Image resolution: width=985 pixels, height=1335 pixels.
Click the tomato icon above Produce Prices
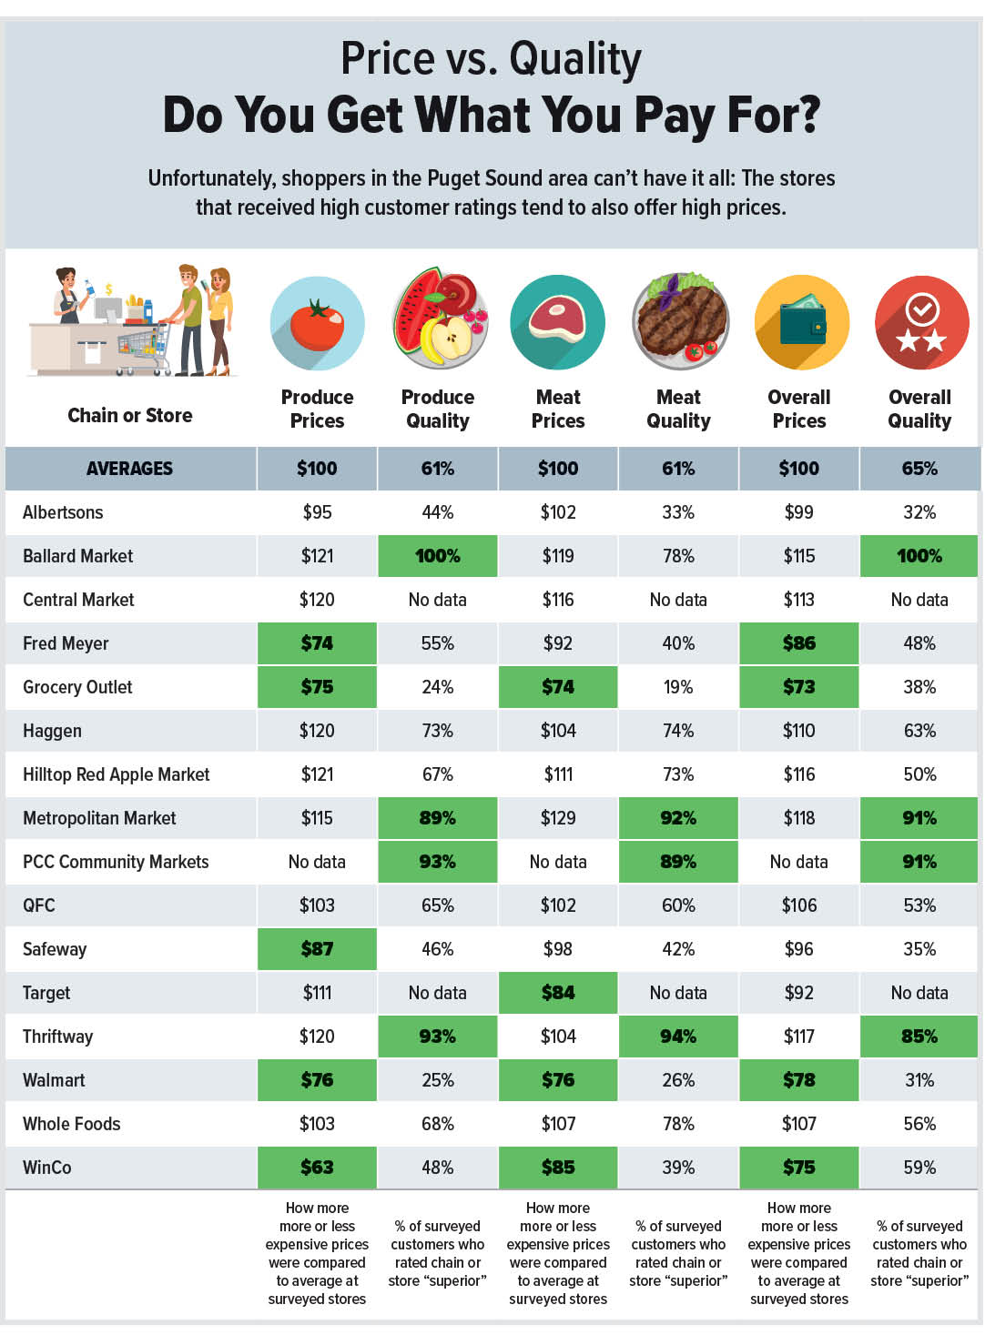click(317, 324)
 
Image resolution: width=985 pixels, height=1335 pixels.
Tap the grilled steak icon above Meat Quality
click(679, 321)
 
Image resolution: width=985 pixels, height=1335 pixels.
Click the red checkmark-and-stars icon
click(921, 323)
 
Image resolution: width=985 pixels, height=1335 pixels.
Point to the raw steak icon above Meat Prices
click(558, 322)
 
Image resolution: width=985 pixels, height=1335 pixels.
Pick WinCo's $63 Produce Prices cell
click(317, 1168)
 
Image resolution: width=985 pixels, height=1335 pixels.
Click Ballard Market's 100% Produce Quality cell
click(438, 556)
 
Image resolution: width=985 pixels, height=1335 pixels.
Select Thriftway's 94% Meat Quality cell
click(678, 1037)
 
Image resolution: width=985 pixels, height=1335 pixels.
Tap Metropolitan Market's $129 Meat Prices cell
click(558, 818)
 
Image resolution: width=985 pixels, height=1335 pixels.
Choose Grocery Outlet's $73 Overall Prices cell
click(799, 687)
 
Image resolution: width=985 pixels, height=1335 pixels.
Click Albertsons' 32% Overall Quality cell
click(919, 512)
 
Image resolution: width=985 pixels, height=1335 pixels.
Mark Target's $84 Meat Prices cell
click(558, 993)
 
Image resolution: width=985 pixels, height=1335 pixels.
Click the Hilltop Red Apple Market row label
click(116, 774)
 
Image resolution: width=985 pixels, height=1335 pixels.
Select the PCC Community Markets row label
click(116, 862)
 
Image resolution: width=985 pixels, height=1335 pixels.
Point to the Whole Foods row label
click(71, 1124)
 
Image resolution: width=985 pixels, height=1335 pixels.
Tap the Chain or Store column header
click(130, 416)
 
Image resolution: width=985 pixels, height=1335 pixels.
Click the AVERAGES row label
click(129, 469)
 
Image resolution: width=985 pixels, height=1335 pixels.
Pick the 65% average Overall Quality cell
click(919, 469)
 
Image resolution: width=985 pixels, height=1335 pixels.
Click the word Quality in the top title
click(574, 59)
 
